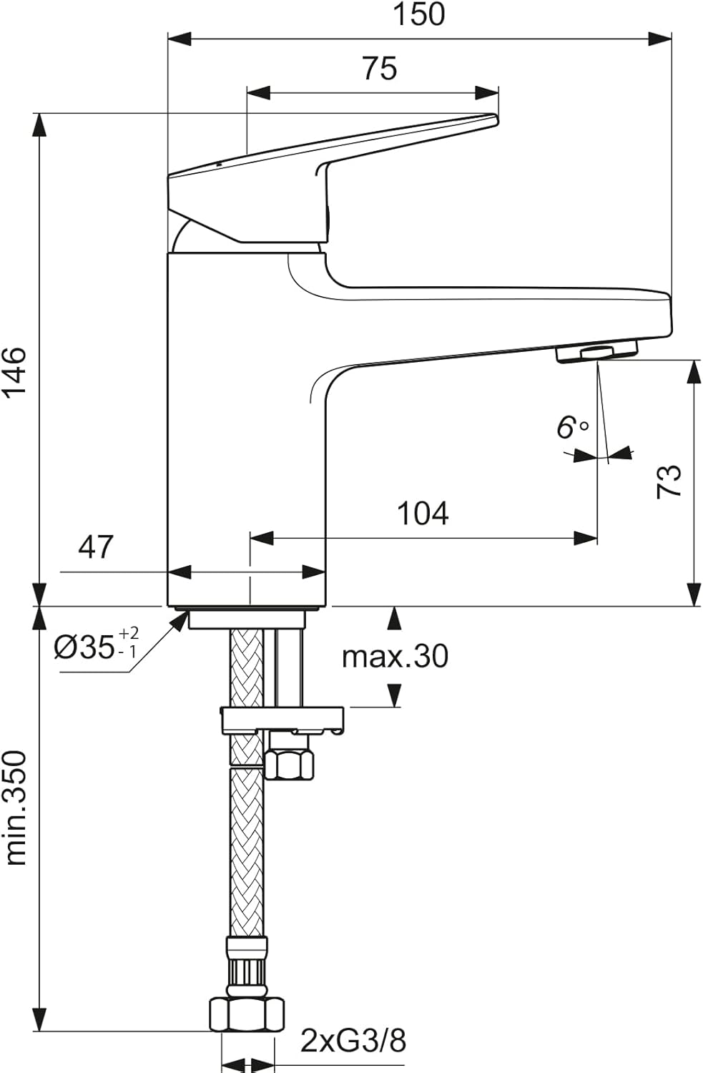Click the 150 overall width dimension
click(419, 14)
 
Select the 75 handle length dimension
click(379, 69)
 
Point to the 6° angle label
click(572, 427)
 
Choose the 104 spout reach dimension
click(423, 514)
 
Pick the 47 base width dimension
click(96, 547)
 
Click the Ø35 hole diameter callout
click(97, 645)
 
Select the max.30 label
click(395, 656)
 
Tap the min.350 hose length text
click(16, 808)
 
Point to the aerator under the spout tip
click(596, 351)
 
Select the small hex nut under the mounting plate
click(289, 763)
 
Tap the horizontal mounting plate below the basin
click(282, 719)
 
